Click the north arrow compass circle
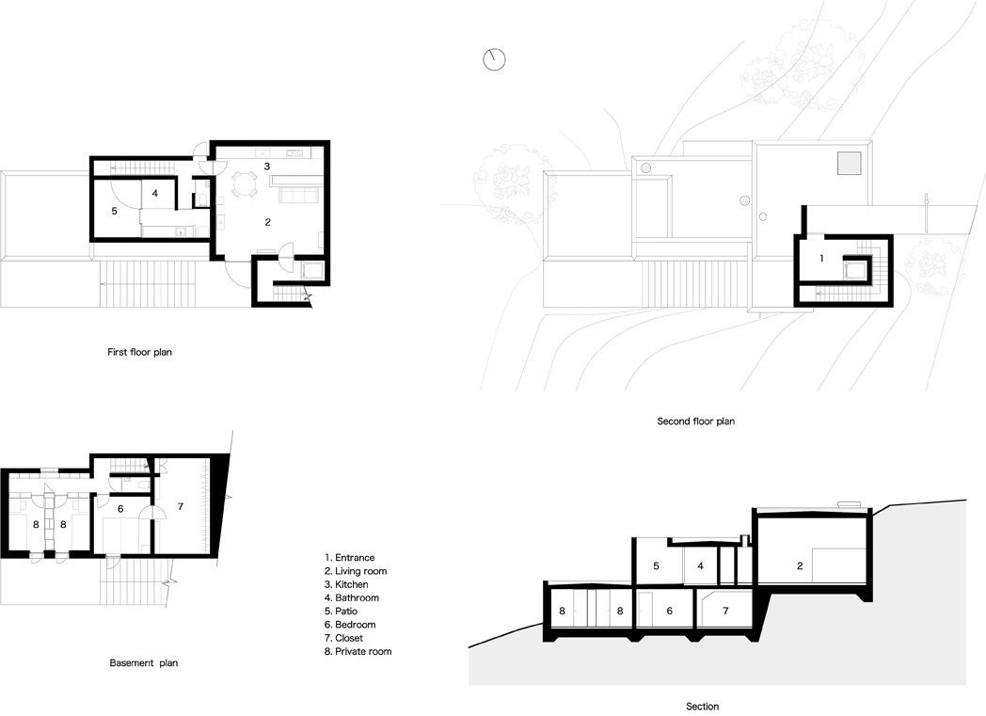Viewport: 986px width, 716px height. coord(494,59)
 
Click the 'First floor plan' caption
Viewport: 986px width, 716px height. coord(139,352)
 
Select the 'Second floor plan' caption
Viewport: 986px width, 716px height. coord(695,422)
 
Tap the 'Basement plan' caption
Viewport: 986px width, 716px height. coord(143,662)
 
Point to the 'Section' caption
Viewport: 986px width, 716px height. coord(702,707)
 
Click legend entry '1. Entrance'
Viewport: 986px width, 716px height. coord(350,558)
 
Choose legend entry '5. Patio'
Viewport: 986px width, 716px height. coord(341,611)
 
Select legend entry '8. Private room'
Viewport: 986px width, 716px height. coord(358,651)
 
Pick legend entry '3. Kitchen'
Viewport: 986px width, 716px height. coord(346,584)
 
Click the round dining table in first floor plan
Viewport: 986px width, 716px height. coord(245,184)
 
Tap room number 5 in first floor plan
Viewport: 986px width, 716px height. coord(115,211)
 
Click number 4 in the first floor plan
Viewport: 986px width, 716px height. coord(155,194)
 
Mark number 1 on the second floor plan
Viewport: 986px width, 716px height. coord(821,259)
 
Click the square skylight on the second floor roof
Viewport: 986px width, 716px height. coord(849,164)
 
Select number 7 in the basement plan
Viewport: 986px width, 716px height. coord(181,507)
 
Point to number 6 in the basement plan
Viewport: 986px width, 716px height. coord(120,509)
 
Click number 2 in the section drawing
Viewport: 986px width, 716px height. coord(800,565)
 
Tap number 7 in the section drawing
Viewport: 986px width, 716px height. coord(725,611)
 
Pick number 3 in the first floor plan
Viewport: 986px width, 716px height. coord(267,166)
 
